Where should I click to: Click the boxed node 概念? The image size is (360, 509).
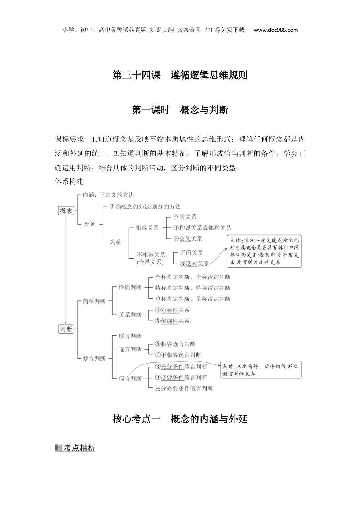[x=66, y=211]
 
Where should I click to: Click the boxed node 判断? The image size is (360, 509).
[x=66, y=329]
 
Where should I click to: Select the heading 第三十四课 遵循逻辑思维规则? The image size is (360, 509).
[x=180, y=75]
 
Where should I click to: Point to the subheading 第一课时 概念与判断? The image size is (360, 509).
[x=180, y=110]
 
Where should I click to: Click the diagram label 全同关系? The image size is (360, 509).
[x=185, y=217]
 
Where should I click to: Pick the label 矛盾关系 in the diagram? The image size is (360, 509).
[x=191, y=253]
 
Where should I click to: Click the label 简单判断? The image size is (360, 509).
[x=94, y=301]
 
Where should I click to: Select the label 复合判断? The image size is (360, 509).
[x=94, y=358]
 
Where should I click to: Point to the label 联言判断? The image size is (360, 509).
[x=130, y=336]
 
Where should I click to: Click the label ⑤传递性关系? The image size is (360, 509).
[x=172, y=321]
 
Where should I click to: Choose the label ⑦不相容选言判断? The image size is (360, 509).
[x=178, y=355]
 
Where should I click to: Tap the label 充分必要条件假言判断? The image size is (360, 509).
[x=184, y=388]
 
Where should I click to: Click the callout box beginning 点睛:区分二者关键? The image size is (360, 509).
[x=265, y=251]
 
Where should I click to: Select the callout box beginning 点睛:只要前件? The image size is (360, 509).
[x=261, y=370]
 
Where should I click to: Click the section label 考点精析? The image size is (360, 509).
[x=75, y=448]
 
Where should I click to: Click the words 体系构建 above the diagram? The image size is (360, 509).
[x=69, y=181]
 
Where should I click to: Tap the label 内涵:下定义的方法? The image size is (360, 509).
[x=108, y=195]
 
